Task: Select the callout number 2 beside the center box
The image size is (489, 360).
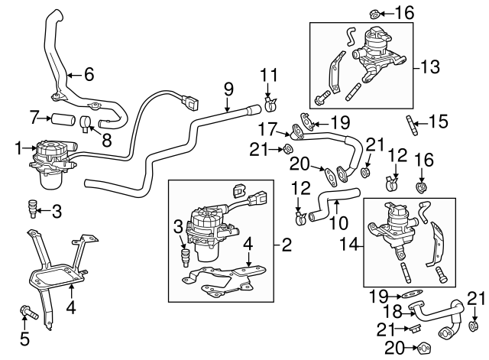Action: [x=287, y=245]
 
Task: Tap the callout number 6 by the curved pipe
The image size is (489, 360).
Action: [x=89, y=75]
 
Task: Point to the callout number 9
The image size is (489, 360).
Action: [x=228, y=89]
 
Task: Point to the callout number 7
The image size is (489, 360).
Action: [x=33, y=118]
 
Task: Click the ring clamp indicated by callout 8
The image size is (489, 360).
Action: [x=89, y=121]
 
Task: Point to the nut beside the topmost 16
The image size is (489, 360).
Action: [x=375, y=13]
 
